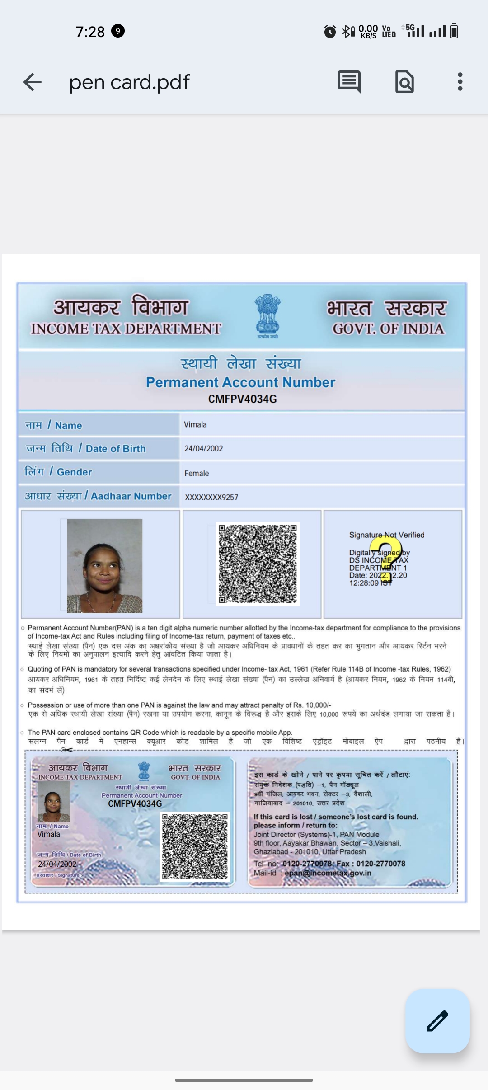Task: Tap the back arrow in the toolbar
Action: tap(33, 82)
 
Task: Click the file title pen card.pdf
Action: tap(129, 82)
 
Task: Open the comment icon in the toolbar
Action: tap(349, 82)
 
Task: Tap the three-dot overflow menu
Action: tap(460, 82)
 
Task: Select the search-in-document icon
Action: tap(404, 82)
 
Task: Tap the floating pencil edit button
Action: tap(437, 1021)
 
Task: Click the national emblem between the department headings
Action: tap(267, 315)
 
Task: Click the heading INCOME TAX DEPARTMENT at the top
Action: tap(126, 329)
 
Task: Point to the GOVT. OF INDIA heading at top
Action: tap(388, 329)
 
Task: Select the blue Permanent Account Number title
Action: tap(240, 382)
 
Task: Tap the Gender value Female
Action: tap(197, 473)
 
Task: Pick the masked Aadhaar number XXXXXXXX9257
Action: tap(211, 497)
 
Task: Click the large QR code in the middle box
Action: tap(258, 564)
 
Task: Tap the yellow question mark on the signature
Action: tap(388, 560)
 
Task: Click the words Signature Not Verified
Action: tap(387, 535)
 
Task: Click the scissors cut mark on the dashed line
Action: tap(67, 750)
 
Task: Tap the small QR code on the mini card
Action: tap(195, 846)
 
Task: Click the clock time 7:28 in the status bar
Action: tap(90, 32)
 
